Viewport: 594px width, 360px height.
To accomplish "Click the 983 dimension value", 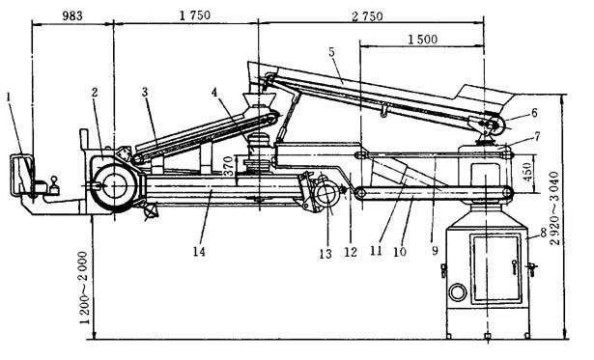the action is click(72, 15).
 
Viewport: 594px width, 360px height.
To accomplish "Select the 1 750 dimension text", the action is click(195, 15).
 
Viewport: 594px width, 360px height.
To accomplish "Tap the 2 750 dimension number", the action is click(367, 15).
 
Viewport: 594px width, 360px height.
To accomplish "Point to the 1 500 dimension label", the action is click(422, 39).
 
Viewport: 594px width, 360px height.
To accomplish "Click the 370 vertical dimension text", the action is click(228, 165).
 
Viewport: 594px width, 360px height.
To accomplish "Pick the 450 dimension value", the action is click(527, 172).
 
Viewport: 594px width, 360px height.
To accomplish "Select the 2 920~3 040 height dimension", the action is click(553, 208).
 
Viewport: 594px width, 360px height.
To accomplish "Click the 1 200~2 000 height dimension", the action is click(83, 288).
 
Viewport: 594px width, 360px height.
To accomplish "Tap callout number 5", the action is click(332, 52).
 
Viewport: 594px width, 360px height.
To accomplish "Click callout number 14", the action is click(199, 251).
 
